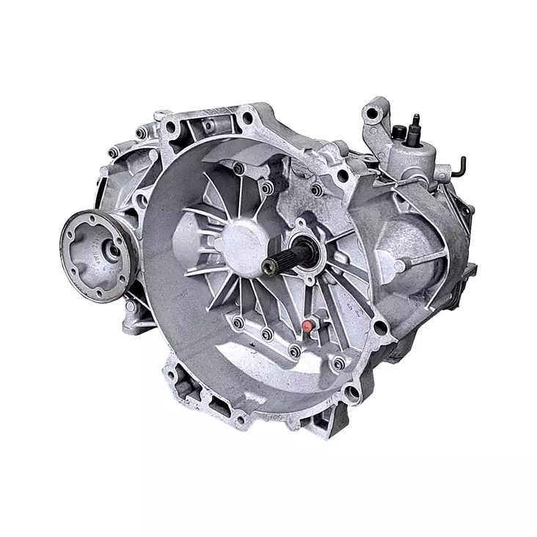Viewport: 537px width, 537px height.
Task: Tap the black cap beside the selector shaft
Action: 401,132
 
